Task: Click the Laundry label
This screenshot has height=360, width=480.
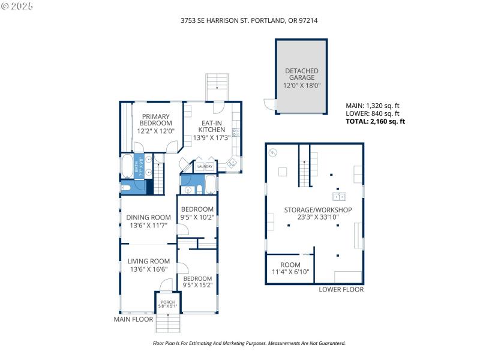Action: tap(205, 167)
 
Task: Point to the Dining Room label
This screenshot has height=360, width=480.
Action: tap(148, 218)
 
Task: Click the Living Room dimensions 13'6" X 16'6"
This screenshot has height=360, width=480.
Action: tap(148, 269)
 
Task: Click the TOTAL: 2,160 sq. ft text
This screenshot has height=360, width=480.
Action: tap(375, 121)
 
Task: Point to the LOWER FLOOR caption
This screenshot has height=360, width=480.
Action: tap(341, 289)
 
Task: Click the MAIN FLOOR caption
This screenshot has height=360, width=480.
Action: tap(133, 319)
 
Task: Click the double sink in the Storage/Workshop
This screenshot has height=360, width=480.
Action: tap(340, 196)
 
